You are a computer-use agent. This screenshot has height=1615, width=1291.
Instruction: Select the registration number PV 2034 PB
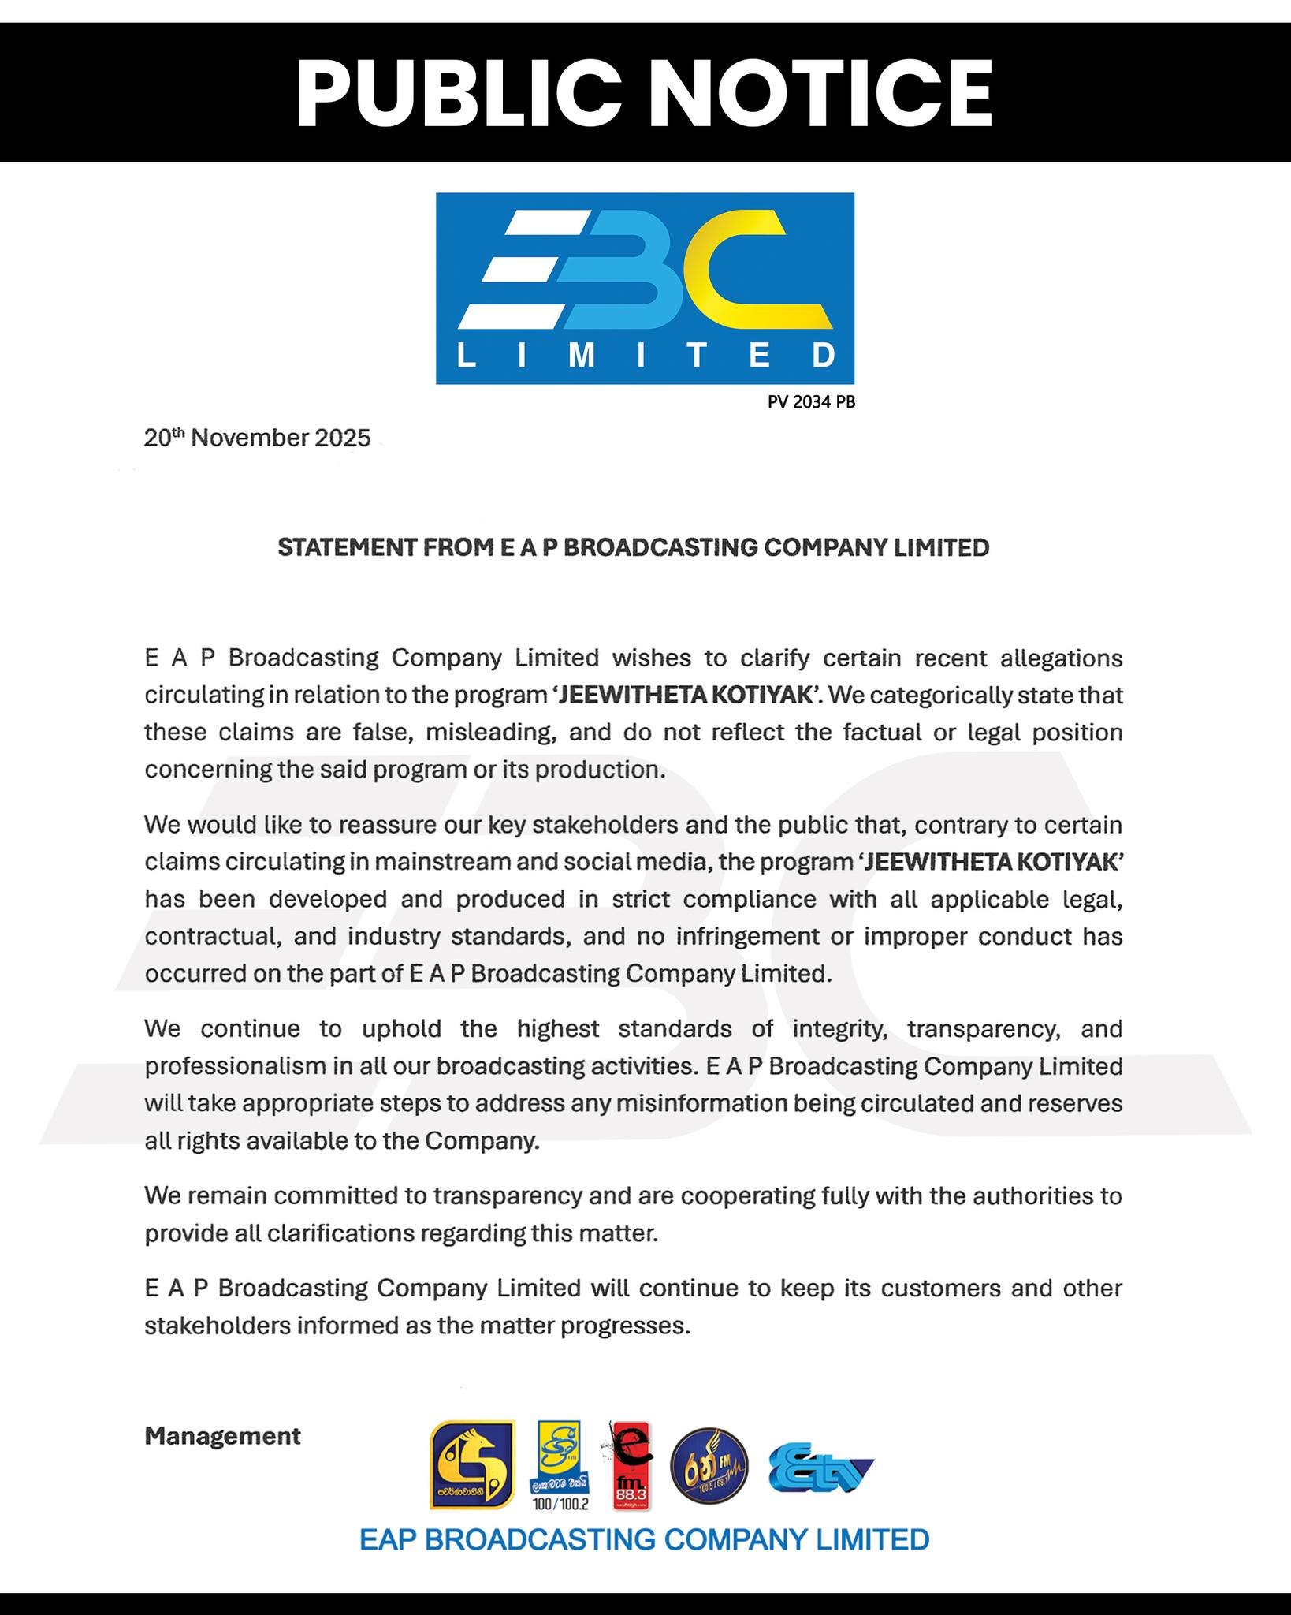coord(811,402)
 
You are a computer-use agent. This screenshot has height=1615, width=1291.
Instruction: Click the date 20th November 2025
coord(257,438)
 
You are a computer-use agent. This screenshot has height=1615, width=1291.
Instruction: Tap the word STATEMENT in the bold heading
coord(347,547)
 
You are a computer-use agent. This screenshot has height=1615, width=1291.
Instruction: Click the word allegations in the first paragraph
coord(1061,658)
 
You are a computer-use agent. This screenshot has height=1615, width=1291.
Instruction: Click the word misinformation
coord(701,1103)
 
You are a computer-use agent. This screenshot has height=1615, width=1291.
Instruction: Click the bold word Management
coord(222,1436)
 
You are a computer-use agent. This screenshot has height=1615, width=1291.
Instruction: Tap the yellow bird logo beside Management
coord(472,1465)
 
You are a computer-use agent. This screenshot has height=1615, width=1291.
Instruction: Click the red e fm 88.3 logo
coord(631,1465)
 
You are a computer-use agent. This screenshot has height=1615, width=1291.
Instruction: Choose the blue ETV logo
coord(820,1468)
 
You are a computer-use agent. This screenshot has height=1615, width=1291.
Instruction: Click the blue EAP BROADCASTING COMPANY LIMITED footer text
coord(644,1539)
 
